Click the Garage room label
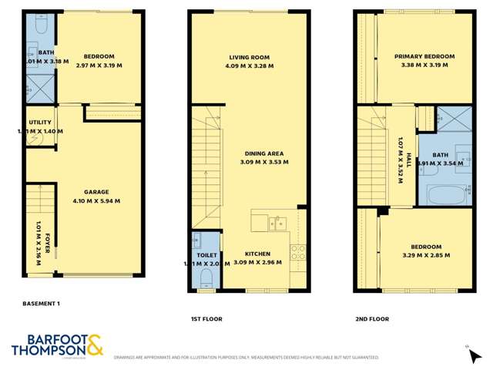(96, 192)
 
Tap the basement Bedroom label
(99, 56)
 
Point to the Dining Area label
(264, 153)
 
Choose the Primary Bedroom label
(424, 56)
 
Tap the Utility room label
(40, 122)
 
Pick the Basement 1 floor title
(42, 304)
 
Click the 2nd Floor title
(373, 318)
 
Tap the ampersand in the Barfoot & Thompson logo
(94, 345)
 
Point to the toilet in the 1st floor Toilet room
(206, 275)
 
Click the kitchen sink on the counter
(275, 224)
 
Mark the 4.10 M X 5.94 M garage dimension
(96, 201)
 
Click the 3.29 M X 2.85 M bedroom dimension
(426, 255)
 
